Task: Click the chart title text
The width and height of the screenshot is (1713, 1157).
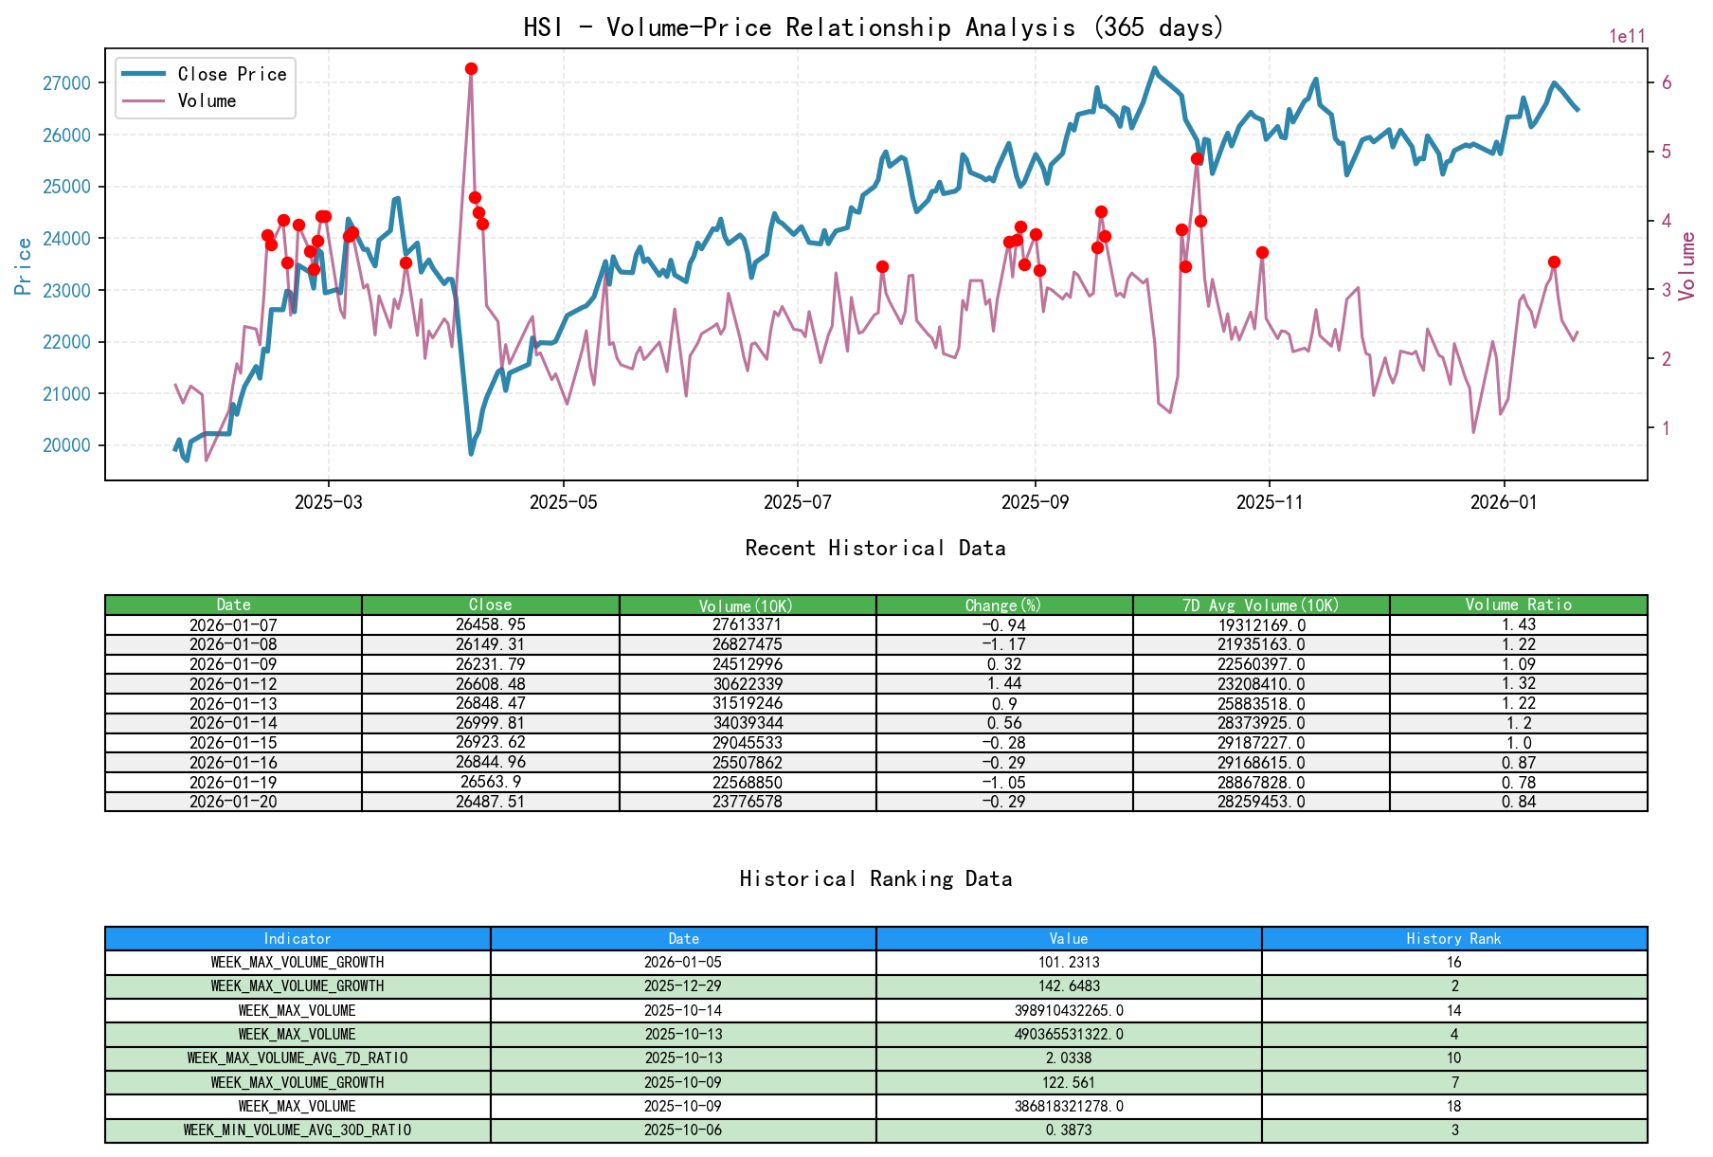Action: click(x=874, y=27)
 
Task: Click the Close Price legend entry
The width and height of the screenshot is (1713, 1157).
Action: click(x=231, y=74)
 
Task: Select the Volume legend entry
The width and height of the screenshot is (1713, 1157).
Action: click(x=207, y=100)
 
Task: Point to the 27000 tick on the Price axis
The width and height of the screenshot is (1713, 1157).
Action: click(x=66, y=83)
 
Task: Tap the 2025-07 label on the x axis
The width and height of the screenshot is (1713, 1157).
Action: click(x=798, y=502)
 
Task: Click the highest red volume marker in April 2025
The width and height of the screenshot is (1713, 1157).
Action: click(x=471, y=69)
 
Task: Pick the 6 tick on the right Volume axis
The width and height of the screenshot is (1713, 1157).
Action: click(x=1667, y=83)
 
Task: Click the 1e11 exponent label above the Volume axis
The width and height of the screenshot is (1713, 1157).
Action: click(x=1627, y=37)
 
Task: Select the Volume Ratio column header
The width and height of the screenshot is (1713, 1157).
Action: click(x=1518, y=605)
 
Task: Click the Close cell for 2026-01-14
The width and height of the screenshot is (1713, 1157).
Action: click(x=490, y=723)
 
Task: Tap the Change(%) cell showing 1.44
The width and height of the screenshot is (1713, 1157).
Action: click(x=1003, y=684)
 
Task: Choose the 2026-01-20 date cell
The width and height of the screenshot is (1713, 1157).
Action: click(x=233, y=802)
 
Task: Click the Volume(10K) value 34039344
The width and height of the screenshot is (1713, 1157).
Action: click(x=748, y=723)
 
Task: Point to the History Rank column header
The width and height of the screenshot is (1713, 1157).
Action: click(x=1453, y=939)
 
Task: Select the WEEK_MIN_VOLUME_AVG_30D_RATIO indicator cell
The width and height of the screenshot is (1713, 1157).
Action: click(x=298, y=1130)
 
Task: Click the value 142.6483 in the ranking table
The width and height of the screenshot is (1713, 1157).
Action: click(x=1069, y=986)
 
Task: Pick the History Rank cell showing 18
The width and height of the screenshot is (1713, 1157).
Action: click(x=1453, y=1107)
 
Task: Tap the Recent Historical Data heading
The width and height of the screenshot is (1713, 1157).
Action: click(x=875, y=549)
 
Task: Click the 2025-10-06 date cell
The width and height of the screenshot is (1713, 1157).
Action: click(x=683, y=1130)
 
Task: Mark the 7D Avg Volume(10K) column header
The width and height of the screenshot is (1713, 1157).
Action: click(x=1260, y=605)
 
